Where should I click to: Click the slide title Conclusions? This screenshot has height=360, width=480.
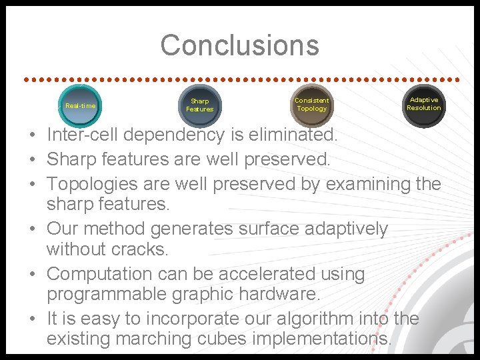pos(239,45)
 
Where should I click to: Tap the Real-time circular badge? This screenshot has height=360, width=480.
pos(81,106)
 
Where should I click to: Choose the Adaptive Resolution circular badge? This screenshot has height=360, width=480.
pos(423,104)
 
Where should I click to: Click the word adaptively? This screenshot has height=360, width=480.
pos(346,229)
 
